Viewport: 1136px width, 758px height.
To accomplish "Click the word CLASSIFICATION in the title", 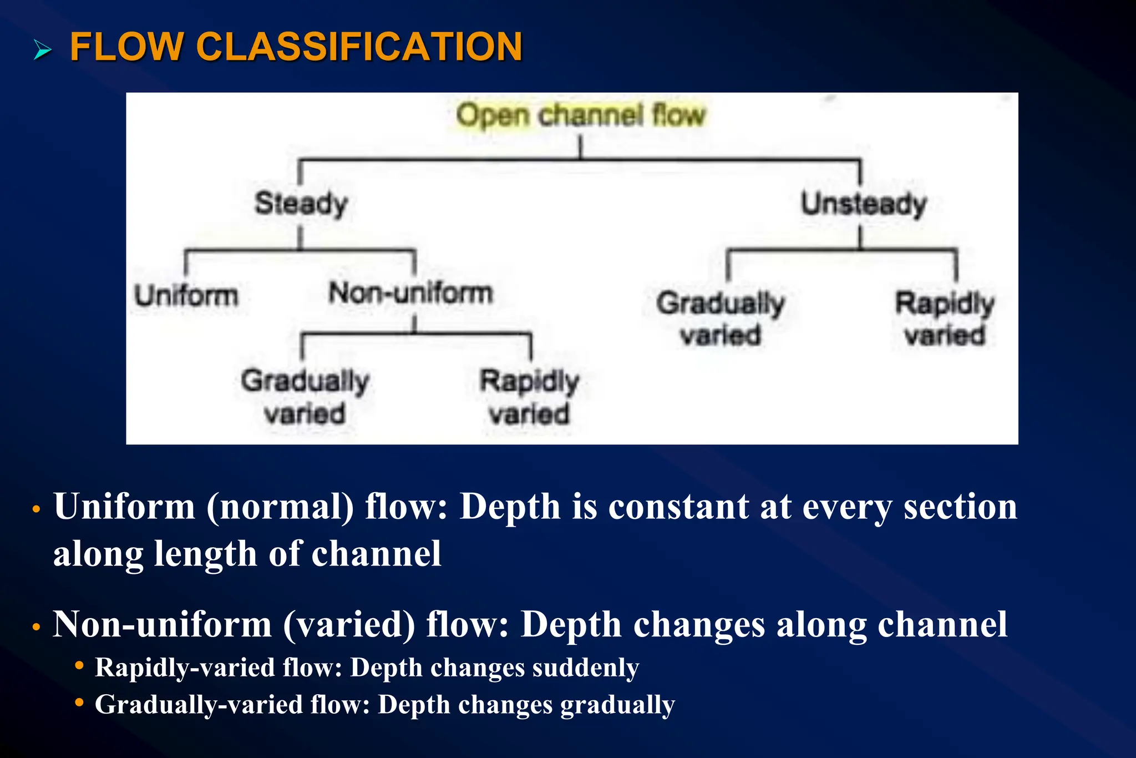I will (359, 47).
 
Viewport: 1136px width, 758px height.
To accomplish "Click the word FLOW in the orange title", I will (126, 47).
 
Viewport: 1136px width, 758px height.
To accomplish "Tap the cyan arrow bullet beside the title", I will (42, 50).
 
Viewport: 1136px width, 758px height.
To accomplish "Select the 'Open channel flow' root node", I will (580, 115).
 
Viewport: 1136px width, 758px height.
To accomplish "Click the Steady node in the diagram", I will (301, 204).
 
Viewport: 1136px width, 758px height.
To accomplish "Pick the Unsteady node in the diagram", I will (863, 204).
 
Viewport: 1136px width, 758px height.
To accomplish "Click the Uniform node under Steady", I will (186, 295).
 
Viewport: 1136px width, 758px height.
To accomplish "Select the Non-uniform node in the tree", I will (410, 293).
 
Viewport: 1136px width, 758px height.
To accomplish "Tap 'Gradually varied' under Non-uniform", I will (305, 397).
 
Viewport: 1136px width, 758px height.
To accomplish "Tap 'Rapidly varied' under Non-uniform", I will (529, 397).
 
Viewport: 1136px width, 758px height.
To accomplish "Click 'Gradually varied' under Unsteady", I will (721, 319).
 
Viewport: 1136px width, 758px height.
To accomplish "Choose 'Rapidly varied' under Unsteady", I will (945, 319).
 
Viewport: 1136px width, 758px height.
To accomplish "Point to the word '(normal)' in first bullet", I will (280, 507).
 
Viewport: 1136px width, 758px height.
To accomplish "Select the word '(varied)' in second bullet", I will (349, 625).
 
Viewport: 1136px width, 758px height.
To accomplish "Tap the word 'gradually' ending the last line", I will (617, 705).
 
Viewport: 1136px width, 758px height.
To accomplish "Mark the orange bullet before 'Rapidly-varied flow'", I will (79, 665).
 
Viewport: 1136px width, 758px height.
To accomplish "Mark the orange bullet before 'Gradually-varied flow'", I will (79, 703).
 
